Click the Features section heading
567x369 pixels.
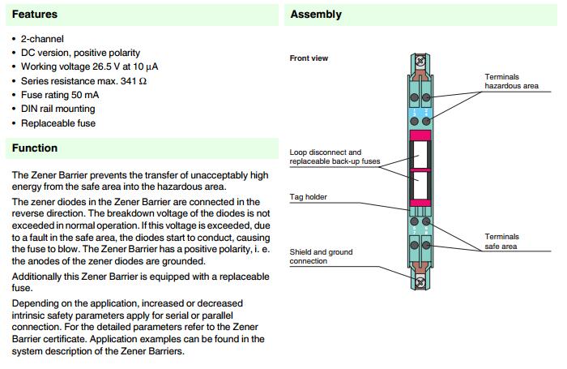(x=35, y=15)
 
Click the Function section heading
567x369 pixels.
(x=35, y=148)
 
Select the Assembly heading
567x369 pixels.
(x=316, y=15)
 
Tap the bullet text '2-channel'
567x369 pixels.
(x=43, y=39)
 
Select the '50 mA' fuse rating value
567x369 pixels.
(x=91, y=95)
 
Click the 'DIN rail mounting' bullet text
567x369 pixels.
(x=58, y=109)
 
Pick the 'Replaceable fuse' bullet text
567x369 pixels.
(x=58, y=123)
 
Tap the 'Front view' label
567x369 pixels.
(x=309, y=58)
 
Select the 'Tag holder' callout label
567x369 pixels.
(x=307, y=197)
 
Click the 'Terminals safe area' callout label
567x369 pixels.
(x=502, y=241)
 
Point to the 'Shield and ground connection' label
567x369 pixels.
(x=320, y=256)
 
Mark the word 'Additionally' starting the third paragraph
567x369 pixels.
(x=36, y=277)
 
